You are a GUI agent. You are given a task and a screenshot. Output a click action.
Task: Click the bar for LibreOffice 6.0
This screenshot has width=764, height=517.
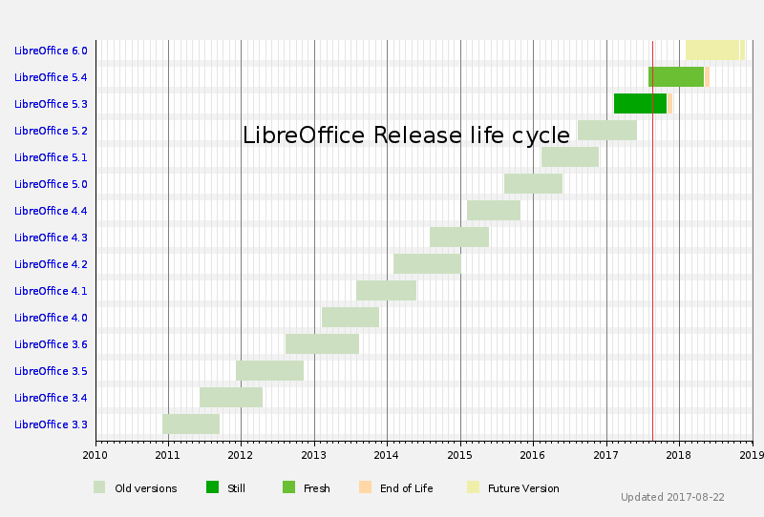click(712, 50)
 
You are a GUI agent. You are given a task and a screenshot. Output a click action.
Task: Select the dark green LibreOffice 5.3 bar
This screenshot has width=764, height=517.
click(640, 103)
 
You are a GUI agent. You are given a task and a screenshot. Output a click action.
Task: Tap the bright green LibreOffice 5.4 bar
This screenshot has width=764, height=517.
click(676, 76)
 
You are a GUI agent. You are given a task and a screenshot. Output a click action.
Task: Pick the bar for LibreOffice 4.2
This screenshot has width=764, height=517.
click(427, 263)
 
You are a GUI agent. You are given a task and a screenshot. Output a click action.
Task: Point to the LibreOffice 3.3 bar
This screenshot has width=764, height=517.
click(191, 424)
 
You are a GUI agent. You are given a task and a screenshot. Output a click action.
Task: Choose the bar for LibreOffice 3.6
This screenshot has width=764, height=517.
click(322, 343)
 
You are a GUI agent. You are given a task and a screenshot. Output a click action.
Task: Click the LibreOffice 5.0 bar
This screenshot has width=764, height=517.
click(533, 183)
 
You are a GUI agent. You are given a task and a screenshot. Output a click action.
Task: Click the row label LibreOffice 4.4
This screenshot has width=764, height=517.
click(51, 211)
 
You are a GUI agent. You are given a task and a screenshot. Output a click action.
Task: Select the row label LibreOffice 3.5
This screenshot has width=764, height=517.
click(51, 371)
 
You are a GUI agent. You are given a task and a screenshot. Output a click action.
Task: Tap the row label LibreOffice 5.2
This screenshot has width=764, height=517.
click(51, 131)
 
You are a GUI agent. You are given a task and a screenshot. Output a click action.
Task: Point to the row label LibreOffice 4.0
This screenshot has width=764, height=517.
click(51, 318)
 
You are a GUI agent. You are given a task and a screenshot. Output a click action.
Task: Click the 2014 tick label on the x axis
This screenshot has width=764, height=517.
click(387, 455)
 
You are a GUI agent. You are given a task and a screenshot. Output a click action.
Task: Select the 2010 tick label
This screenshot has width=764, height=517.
click(95, 455)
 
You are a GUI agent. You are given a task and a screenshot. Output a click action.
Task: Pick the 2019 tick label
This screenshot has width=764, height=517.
click(752, 455)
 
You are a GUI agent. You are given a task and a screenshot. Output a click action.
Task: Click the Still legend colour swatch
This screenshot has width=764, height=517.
click(213, 487)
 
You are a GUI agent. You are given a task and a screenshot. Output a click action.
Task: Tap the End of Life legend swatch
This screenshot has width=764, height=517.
click(365, 487)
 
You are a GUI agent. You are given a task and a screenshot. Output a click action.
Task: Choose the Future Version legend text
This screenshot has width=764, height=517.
click(523, 488)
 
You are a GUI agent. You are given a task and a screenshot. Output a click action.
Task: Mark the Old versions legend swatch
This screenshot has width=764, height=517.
click(99, 487)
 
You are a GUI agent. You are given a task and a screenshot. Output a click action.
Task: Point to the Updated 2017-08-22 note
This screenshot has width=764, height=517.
click(672, 497)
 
